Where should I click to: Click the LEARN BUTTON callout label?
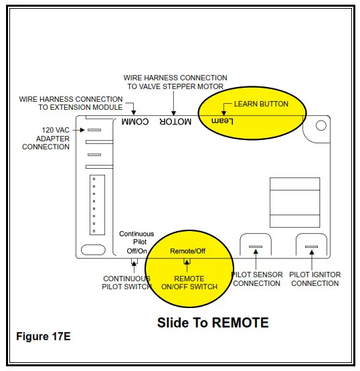tap(261, 104)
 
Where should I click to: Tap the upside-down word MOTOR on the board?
tap(175, 122)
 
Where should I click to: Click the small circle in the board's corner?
tap(321, 125)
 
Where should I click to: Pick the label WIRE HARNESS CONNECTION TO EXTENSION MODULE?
tap(71, 103)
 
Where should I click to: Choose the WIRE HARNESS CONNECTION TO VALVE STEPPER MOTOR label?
tap(175, 82)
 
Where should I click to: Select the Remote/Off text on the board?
tap(187, 250)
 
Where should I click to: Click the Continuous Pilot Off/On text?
tap(136, 242)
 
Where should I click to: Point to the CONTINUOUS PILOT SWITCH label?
tap(126, 283)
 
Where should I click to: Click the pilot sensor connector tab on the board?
tap(254, 248)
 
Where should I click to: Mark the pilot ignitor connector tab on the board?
tap(310, 248)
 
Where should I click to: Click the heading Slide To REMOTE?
tap(213, 323)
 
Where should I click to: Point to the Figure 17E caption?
tap(43, 336)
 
